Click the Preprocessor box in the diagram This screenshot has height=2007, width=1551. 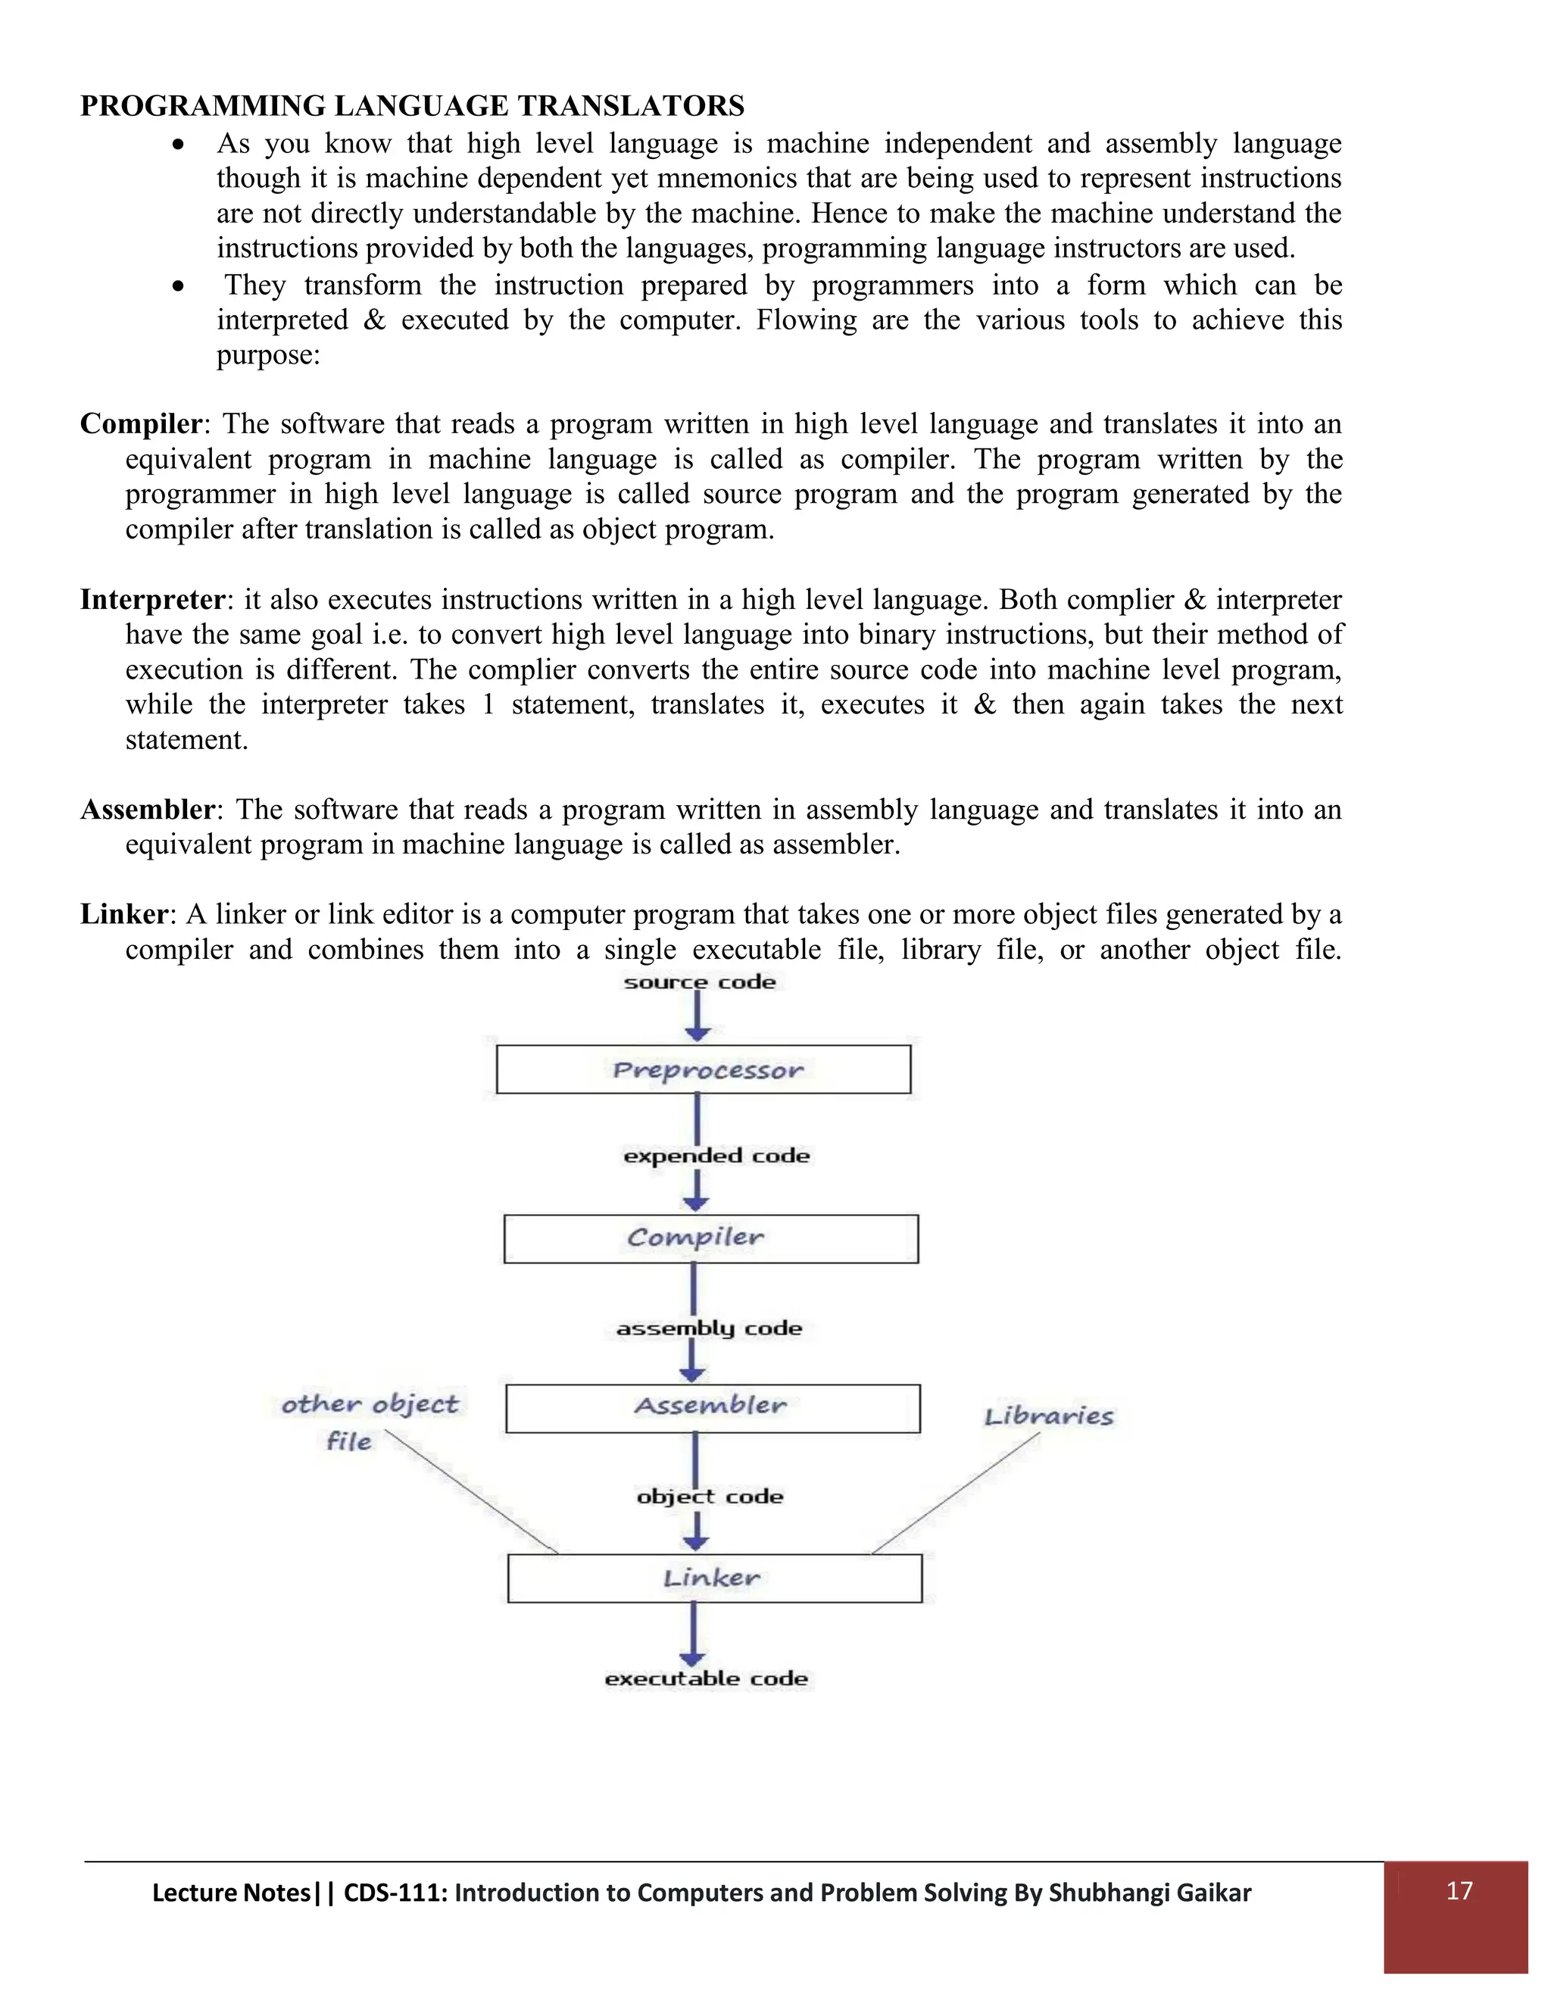[703, 1069]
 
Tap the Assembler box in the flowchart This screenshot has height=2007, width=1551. [712, 1408]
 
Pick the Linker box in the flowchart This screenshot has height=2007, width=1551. [714, 1578]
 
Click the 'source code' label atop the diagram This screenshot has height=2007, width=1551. [699, 982]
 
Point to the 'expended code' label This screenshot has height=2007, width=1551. [716, 1155]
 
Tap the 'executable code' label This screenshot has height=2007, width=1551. [706, 1678]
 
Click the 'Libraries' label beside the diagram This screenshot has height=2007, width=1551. [1048, 1416]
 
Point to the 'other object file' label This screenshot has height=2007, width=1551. [369, 1421]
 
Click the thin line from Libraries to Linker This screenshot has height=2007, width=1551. [956, 1493]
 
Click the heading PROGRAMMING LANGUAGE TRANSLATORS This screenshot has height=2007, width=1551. [412, 106]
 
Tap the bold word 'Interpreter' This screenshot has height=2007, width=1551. [151, 599]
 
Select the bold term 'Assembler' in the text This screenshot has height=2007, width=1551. [147, 809]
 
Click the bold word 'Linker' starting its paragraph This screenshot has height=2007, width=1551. [124, 913]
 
